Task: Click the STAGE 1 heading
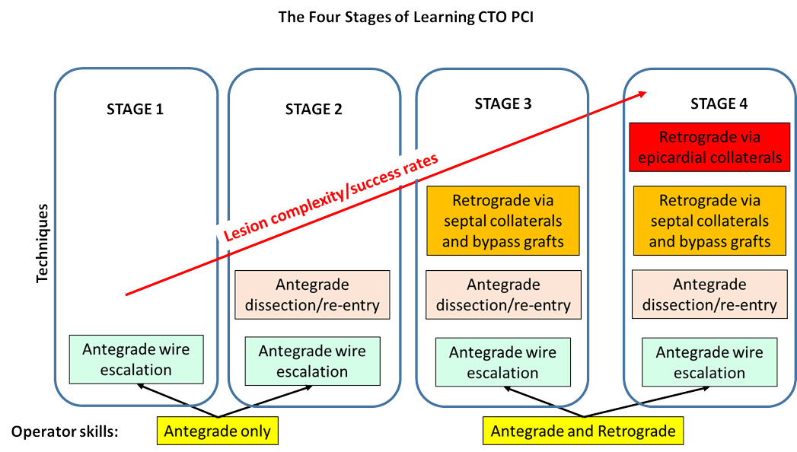point(135,108)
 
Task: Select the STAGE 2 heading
point(314,108)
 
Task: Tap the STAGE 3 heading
point(502,103)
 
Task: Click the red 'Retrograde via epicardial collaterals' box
point(709,148)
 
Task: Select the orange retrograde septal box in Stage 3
point(503,221)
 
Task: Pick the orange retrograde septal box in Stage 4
point(709,221)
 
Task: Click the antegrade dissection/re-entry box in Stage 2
point(312,295)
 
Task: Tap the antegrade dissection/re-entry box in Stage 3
point(503,295)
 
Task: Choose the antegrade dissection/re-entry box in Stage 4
point(709,295)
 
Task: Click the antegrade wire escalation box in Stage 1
point(137,359)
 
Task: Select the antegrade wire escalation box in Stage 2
point(312,361)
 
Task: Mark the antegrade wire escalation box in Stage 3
point(502,363)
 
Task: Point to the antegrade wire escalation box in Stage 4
point(709,363)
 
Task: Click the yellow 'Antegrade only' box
point(218,431)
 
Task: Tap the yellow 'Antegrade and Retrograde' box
point(583,431)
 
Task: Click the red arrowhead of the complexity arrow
point(642,94)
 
